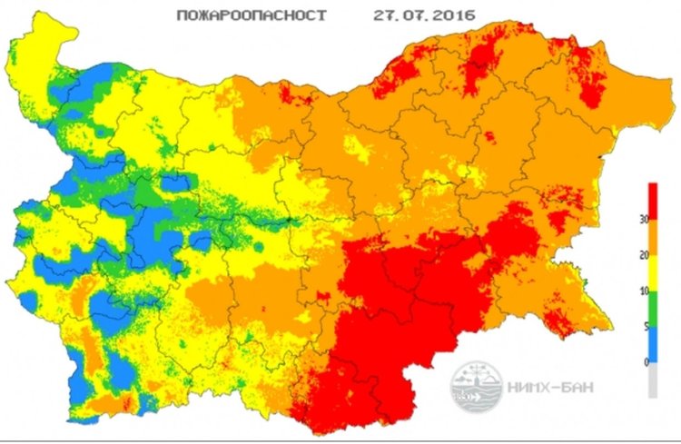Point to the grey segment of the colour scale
tap(652, 381)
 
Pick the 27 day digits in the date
tap(386, 15)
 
